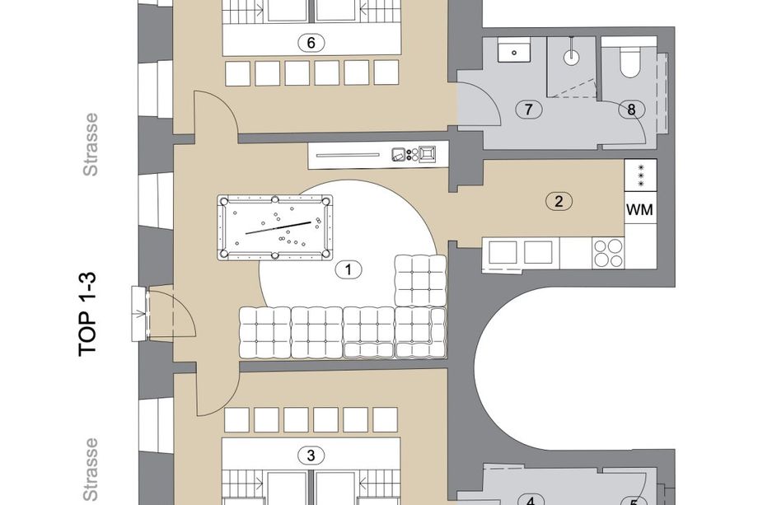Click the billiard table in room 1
click(x=275, y=227)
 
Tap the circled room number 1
click(x=349, y=269)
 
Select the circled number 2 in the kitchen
click(x=559, y=201)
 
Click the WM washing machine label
click(x=639, y=210)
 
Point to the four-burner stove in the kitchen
click(x=608, y=253)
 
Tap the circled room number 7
click(x=528, y=110)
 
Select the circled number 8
click(x=631, y=110)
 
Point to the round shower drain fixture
click(x=572, y=58)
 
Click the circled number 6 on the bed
click(x=311, y=43)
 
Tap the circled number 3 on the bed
click(x=311, y=456)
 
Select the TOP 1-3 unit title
click(x=88, y=315)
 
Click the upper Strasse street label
click(x=91, y=144)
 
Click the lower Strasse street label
click(x=91, y=470)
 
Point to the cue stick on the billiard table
click(x=278, y=227)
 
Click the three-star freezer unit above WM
click(x=640, y=175)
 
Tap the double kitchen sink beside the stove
click(x=521, y=253)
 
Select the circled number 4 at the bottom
click(x=531, y=500)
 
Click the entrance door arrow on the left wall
click(x=141, y=313)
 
